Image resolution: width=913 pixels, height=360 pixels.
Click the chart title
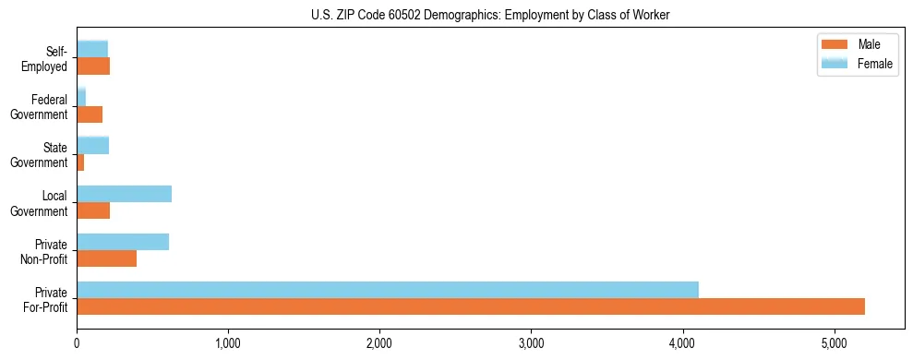point(490,15)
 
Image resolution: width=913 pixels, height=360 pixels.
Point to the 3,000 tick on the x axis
point(531,343)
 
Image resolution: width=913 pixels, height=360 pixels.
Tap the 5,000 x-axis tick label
point(834,343)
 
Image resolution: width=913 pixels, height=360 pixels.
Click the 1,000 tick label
point(228,343)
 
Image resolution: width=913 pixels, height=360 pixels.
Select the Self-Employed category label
point(46,58)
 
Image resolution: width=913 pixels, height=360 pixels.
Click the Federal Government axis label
point(40,106)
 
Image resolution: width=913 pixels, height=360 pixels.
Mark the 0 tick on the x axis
point(77,343)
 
